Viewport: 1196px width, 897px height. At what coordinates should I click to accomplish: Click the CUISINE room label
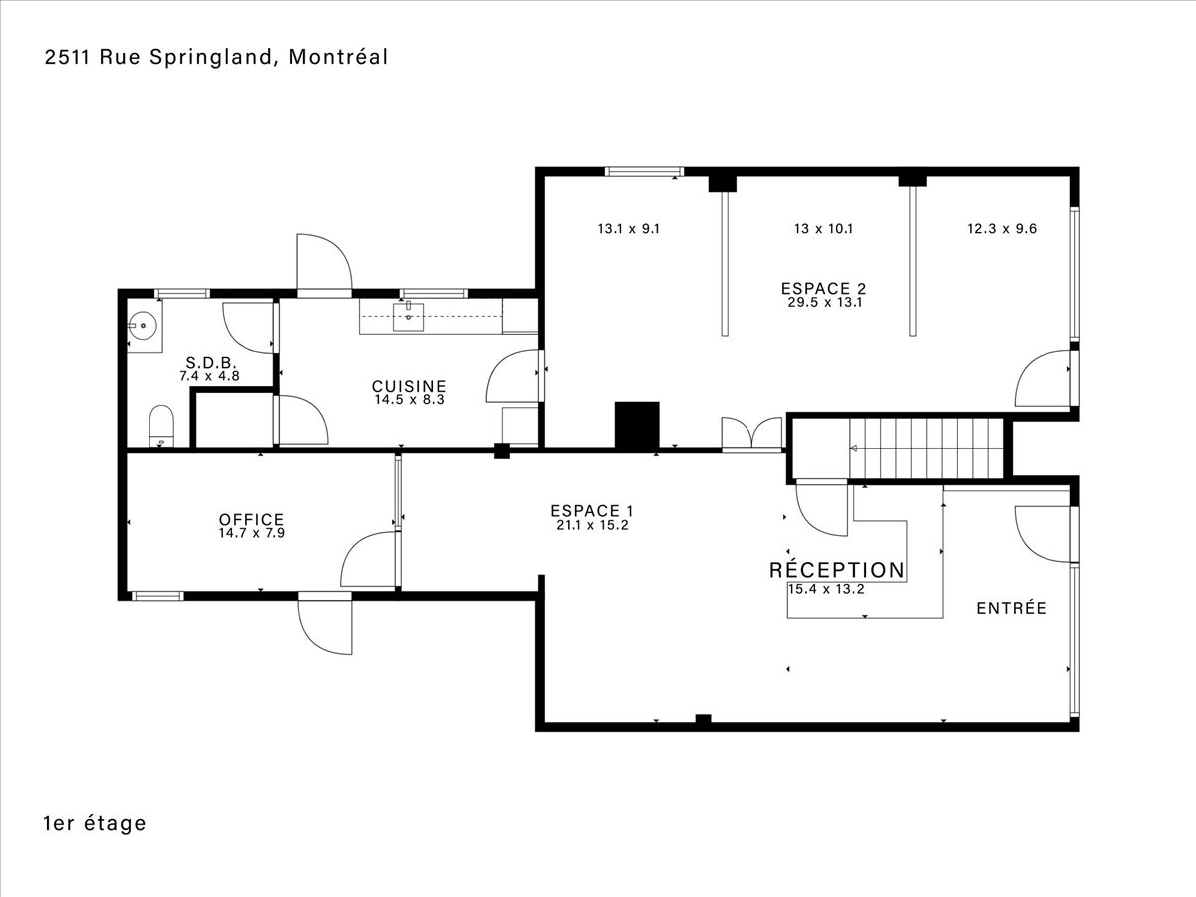pyautogui.click(x=409, y=386)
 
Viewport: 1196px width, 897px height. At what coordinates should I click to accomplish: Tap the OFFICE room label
pyautogui.click(x=252, y=519)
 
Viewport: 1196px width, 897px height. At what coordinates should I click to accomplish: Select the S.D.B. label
pyautogui.click(x=211, y=362)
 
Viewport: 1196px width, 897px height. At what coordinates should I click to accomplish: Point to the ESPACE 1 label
pyautogui.click(x=592, y=511)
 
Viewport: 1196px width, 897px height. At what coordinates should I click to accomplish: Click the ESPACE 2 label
pyautogui.click(x=824, y=288)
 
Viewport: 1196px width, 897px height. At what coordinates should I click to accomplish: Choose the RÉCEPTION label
pyautogui.click(x=837, y=570)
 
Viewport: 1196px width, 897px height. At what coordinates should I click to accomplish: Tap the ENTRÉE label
pyautogui.click(x=1012, y=608)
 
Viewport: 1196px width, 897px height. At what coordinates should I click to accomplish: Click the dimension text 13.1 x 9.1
pyautogui.click(x=629, y=229)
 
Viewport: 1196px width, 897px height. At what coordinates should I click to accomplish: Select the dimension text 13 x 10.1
pyautogui.click(x=824, y=229)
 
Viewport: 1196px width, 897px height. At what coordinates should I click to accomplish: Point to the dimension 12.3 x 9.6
pyautogui.click(x=1002, y=229)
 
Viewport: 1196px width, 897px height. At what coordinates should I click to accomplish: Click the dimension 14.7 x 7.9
pyautogui.click(x=252, y=533)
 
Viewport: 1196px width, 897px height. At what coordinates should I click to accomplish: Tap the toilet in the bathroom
pyautogui.click(x=161, y=425)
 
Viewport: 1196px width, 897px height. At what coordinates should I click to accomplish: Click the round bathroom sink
pyautogui.click(x=143, y=326)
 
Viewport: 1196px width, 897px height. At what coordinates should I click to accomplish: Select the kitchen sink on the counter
pyautogui.click(x=408, y=317)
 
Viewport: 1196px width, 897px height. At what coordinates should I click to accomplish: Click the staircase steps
pyautogui.click(x=926, y=448)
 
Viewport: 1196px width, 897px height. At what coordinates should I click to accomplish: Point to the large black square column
pyautogui.click(x=637, y=425)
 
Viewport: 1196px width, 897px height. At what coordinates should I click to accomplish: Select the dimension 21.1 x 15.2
pyautogui.click(x=592, y=525)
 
